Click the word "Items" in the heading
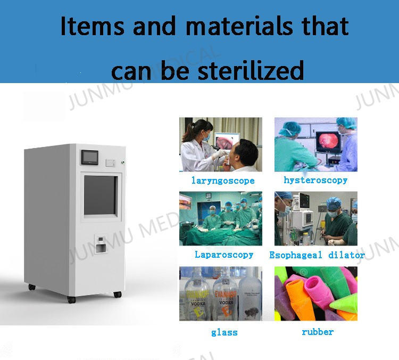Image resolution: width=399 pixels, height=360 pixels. (x=92, y=27)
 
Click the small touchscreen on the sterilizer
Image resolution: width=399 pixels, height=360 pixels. (x=89, y=157)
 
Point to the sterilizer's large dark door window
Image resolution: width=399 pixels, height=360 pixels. (x=99, y=194)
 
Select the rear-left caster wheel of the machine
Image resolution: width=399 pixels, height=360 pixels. (x=32, y=287)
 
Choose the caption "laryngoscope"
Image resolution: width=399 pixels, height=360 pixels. (x=223, y=181)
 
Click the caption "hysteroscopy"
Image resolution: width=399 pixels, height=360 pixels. (x=315, y=180)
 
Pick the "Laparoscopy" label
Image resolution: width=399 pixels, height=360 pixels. (x=224, y=255)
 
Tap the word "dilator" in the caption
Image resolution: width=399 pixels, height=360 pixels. (x=346, y=255)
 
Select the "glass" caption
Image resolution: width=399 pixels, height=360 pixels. (x=224, y=332)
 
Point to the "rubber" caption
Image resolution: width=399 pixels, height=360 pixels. (x=318, y=332)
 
